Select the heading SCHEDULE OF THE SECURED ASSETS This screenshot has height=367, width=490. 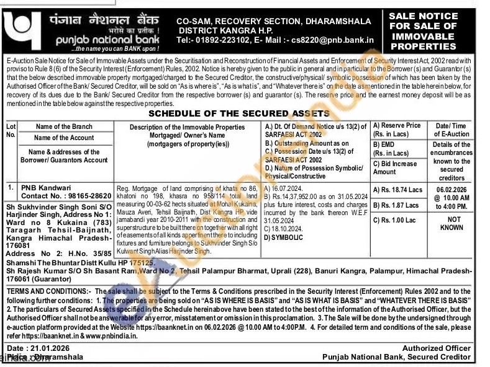(x=239, y=114)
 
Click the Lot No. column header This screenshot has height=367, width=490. (x=11, y=130)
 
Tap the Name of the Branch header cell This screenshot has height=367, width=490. (x=64, y=126)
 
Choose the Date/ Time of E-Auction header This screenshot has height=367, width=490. (x=451, y=130)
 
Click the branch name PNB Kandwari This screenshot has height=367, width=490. (x=46, y=187)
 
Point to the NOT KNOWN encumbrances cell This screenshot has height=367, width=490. (x=454, y=224)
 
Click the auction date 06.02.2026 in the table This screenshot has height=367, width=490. (x=451, y=191)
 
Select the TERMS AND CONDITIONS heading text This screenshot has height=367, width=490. (x=47, y=291)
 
